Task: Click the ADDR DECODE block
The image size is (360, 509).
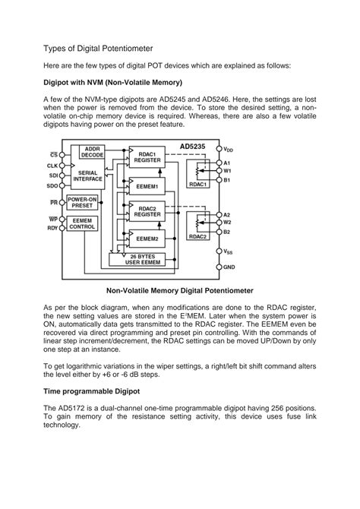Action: (93, 151)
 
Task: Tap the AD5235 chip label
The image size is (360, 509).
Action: (195, 147)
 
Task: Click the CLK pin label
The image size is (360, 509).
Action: (52, 165)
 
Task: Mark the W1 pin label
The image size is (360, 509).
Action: (227, 171)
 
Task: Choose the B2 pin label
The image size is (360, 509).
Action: (227, 231)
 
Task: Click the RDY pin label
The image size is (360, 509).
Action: (52, 228)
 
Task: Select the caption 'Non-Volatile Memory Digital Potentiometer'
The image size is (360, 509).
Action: (179, 290)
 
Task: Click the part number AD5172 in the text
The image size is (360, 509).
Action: (76, 408)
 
